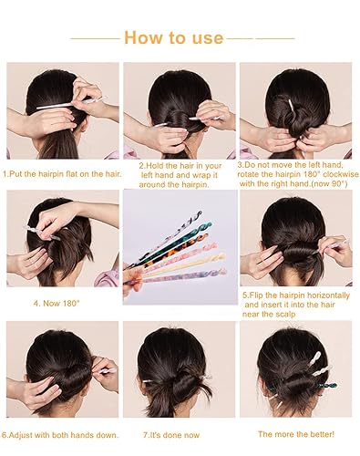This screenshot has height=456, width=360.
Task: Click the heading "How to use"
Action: tap(173, 37)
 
